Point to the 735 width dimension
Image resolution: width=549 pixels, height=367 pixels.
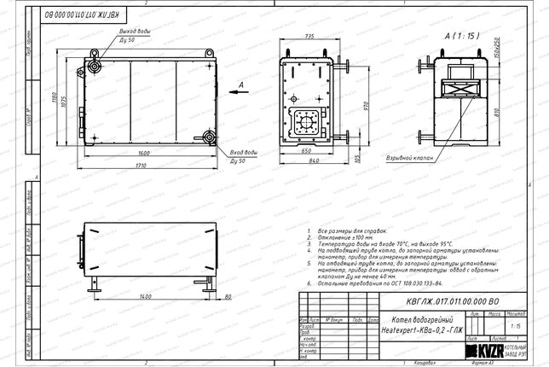309,37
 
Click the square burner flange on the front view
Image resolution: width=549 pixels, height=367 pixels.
304,124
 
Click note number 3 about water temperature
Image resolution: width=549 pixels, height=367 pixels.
376,244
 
